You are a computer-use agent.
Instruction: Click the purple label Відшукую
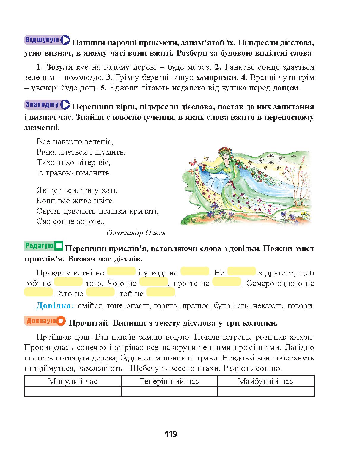[x=42, y=40]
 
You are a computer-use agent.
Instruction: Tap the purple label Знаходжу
[x=42, y=104]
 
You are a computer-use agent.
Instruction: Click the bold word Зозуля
[x=59, y=67]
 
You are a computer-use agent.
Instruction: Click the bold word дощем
[x=286, y=88]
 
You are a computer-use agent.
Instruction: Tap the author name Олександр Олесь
[x=136, y=233]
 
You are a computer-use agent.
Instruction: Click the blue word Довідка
[x=55, y=305]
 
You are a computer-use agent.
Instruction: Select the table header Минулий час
[x=73, y=381]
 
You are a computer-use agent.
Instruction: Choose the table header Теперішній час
[x=169, y=381]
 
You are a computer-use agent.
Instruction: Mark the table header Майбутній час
[x=265, y=381]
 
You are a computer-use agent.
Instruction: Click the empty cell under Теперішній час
[x=169, y=391]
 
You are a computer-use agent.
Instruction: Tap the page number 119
[x=171, y=434]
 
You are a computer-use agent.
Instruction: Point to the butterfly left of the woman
[x=194, y=162]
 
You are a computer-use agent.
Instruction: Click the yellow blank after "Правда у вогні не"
[x=121, y=271]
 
